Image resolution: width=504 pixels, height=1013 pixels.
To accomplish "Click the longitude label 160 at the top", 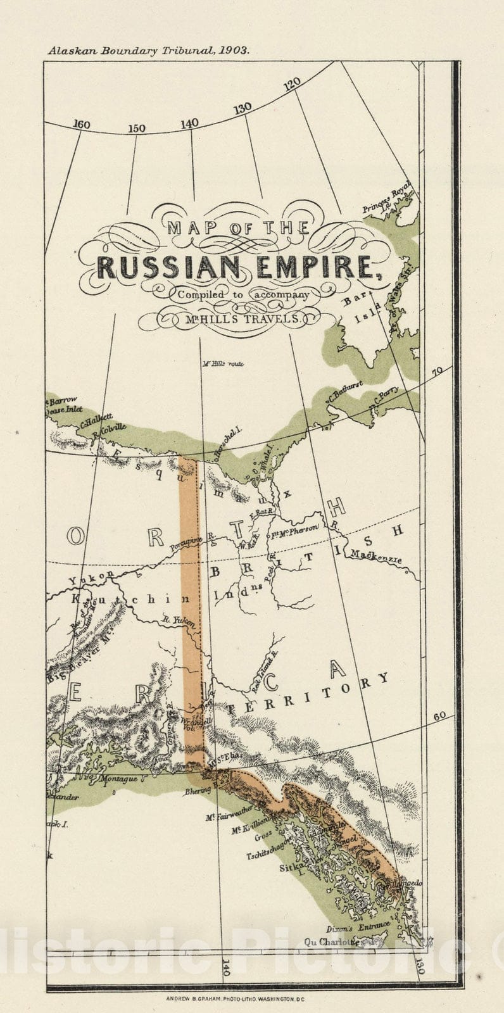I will [x=81, y=125].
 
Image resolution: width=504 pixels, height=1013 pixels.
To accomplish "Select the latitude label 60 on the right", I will [x=440, y=716].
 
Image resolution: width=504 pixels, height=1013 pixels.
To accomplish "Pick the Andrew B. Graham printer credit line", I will [x=236, y=998].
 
